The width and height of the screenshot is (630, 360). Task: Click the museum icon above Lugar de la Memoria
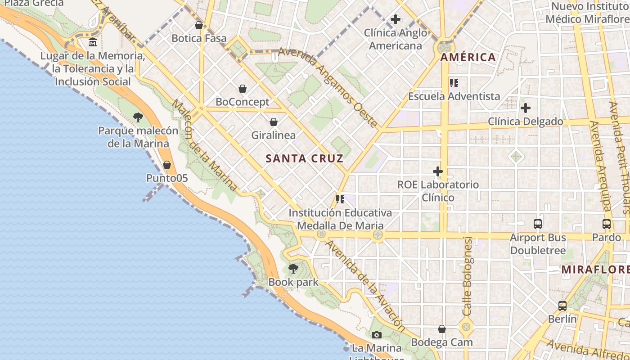(93, 42)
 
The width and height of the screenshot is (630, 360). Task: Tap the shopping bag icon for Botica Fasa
(199, 25)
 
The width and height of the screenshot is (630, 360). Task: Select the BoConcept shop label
(243, 102)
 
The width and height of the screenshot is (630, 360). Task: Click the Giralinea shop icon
(274, 122)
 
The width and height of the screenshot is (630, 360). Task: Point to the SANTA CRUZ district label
(305, 158)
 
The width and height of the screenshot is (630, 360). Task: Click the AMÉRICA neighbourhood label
(468, 57)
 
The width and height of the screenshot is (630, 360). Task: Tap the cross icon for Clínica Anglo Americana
(396, 19)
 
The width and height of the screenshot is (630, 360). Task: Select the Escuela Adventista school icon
(454, 83)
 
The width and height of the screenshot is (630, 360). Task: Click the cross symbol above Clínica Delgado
(525, 108)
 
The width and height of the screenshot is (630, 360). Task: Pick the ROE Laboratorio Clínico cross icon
(437, 171)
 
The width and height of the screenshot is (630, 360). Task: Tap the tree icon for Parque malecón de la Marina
(138, 117)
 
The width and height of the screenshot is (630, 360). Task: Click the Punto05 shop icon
(167, 165)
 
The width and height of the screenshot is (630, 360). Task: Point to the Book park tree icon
(293, 269)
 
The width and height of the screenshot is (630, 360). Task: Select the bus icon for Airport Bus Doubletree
(538, 224)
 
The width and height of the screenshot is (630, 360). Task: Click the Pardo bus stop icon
(607, 224)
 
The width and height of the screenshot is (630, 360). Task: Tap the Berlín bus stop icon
(562, 306)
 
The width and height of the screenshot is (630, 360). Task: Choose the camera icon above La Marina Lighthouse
(377, 335)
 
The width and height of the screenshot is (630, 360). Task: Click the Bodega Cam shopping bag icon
(442, 329)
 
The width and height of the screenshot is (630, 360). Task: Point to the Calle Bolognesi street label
(468, 276)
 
